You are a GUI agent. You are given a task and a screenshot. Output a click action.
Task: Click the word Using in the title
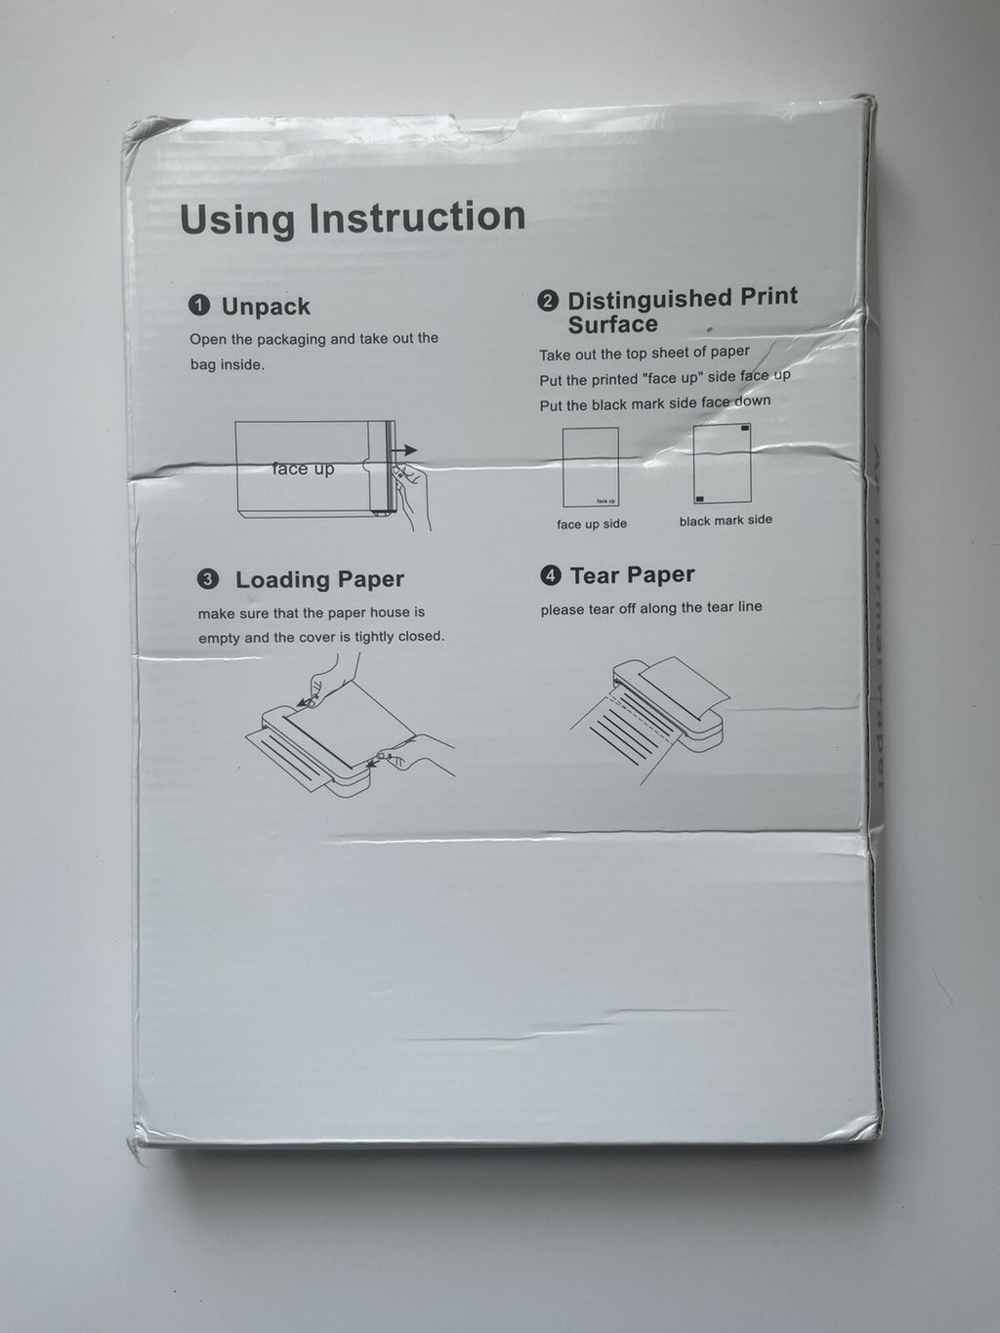(x=237, y=220)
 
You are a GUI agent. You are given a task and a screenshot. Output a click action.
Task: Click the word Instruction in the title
(x=417, y=218)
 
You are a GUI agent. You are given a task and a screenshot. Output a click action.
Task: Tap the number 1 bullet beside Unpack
(x=198, y=307)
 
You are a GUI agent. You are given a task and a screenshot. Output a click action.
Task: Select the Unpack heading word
(x=266, y=307)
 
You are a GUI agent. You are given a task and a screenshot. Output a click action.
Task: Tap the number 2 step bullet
(x=548, y=301)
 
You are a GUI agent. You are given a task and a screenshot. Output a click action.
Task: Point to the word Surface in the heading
(x=612, y=324)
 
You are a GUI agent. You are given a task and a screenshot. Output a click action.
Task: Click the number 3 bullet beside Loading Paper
(x=208, y=580)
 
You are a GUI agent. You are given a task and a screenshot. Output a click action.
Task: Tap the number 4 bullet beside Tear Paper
(x=551, y=576)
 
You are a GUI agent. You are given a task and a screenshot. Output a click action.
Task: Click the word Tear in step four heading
(x=594, y=575)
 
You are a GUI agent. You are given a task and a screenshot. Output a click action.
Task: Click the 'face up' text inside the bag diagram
(x=303, y=469)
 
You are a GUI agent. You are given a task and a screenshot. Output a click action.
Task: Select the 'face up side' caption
(x=592, y=524)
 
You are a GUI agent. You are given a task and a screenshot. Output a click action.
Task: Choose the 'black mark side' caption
(x=726, y=521)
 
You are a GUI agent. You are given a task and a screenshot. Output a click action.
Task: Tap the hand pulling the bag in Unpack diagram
(x=412, y=493)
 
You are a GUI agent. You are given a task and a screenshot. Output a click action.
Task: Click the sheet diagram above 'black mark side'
(x=721, y=464)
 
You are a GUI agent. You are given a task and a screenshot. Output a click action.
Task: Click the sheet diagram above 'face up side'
(x=590, y=467)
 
